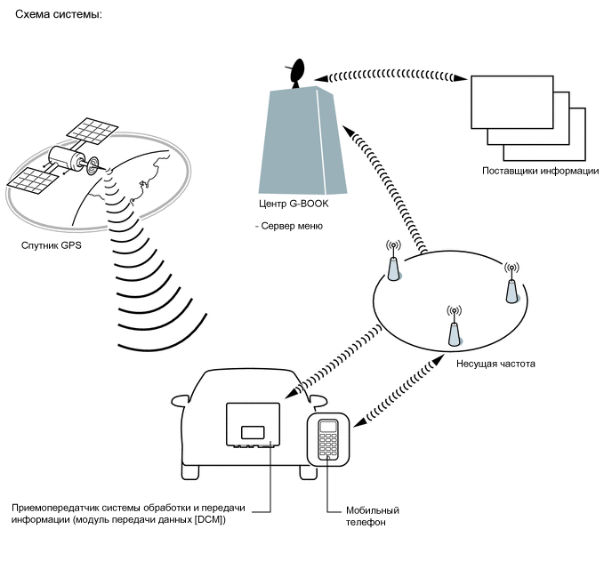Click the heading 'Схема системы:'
tap(59, 15)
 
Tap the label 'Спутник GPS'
tap(51, 245)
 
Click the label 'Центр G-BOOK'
tap(294, 204)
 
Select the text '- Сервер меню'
tap(289, 226)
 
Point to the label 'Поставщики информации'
tap(541, 171)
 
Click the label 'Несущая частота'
tap(495, 364)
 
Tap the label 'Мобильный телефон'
tap(373, 516)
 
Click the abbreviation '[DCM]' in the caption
tap(210, 520)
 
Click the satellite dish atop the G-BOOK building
tap(296, 73)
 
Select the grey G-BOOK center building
tap(302, 140)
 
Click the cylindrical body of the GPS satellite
tap(66, 158)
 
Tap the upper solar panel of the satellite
tap(93, 131)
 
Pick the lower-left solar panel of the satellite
tap(33, 181)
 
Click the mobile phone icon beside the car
tap(328, 439)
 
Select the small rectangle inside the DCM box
tap(253, 432)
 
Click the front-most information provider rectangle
tap(512, 102)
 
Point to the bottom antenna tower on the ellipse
tap(454, 326)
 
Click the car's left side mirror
tap(180, 401)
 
